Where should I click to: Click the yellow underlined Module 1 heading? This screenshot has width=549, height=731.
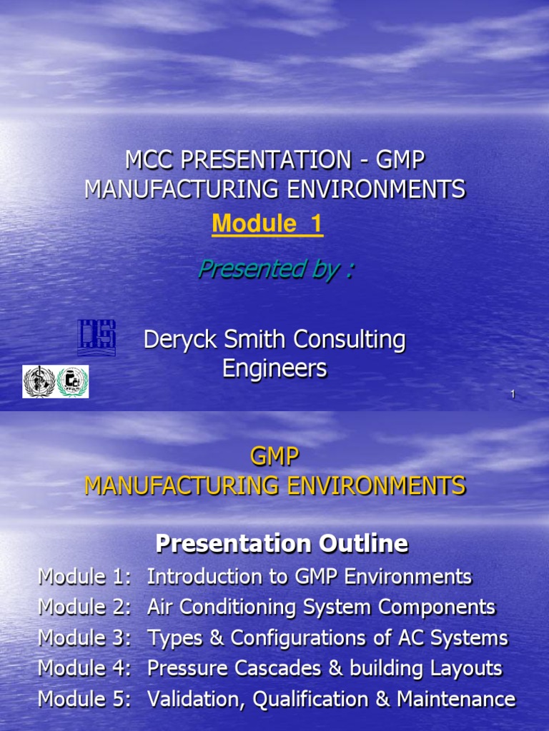click(x=267, y=224)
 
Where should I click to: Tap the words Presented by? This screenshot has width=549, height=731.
click(x=275, y=269)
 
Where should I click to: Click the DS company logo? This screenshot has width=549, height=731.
click(x=97, y=338)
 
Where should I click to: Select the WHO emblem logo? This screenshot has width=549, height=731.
click(x=39, y=381)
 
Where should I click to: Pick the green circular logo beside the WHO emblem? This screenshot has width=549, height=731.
click(x=71, y=381)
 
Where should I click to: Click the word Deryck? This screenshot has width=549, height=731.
click(x=177, y=340)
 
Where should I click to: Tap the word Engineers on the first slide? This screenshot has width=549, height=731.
click(x=274, y=368)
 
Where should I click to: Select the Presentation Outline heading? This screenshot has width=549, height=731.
click(x=282, y=544)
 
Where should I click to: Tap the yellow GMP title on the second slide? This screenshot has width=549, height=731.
click(x=275, y=457)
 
